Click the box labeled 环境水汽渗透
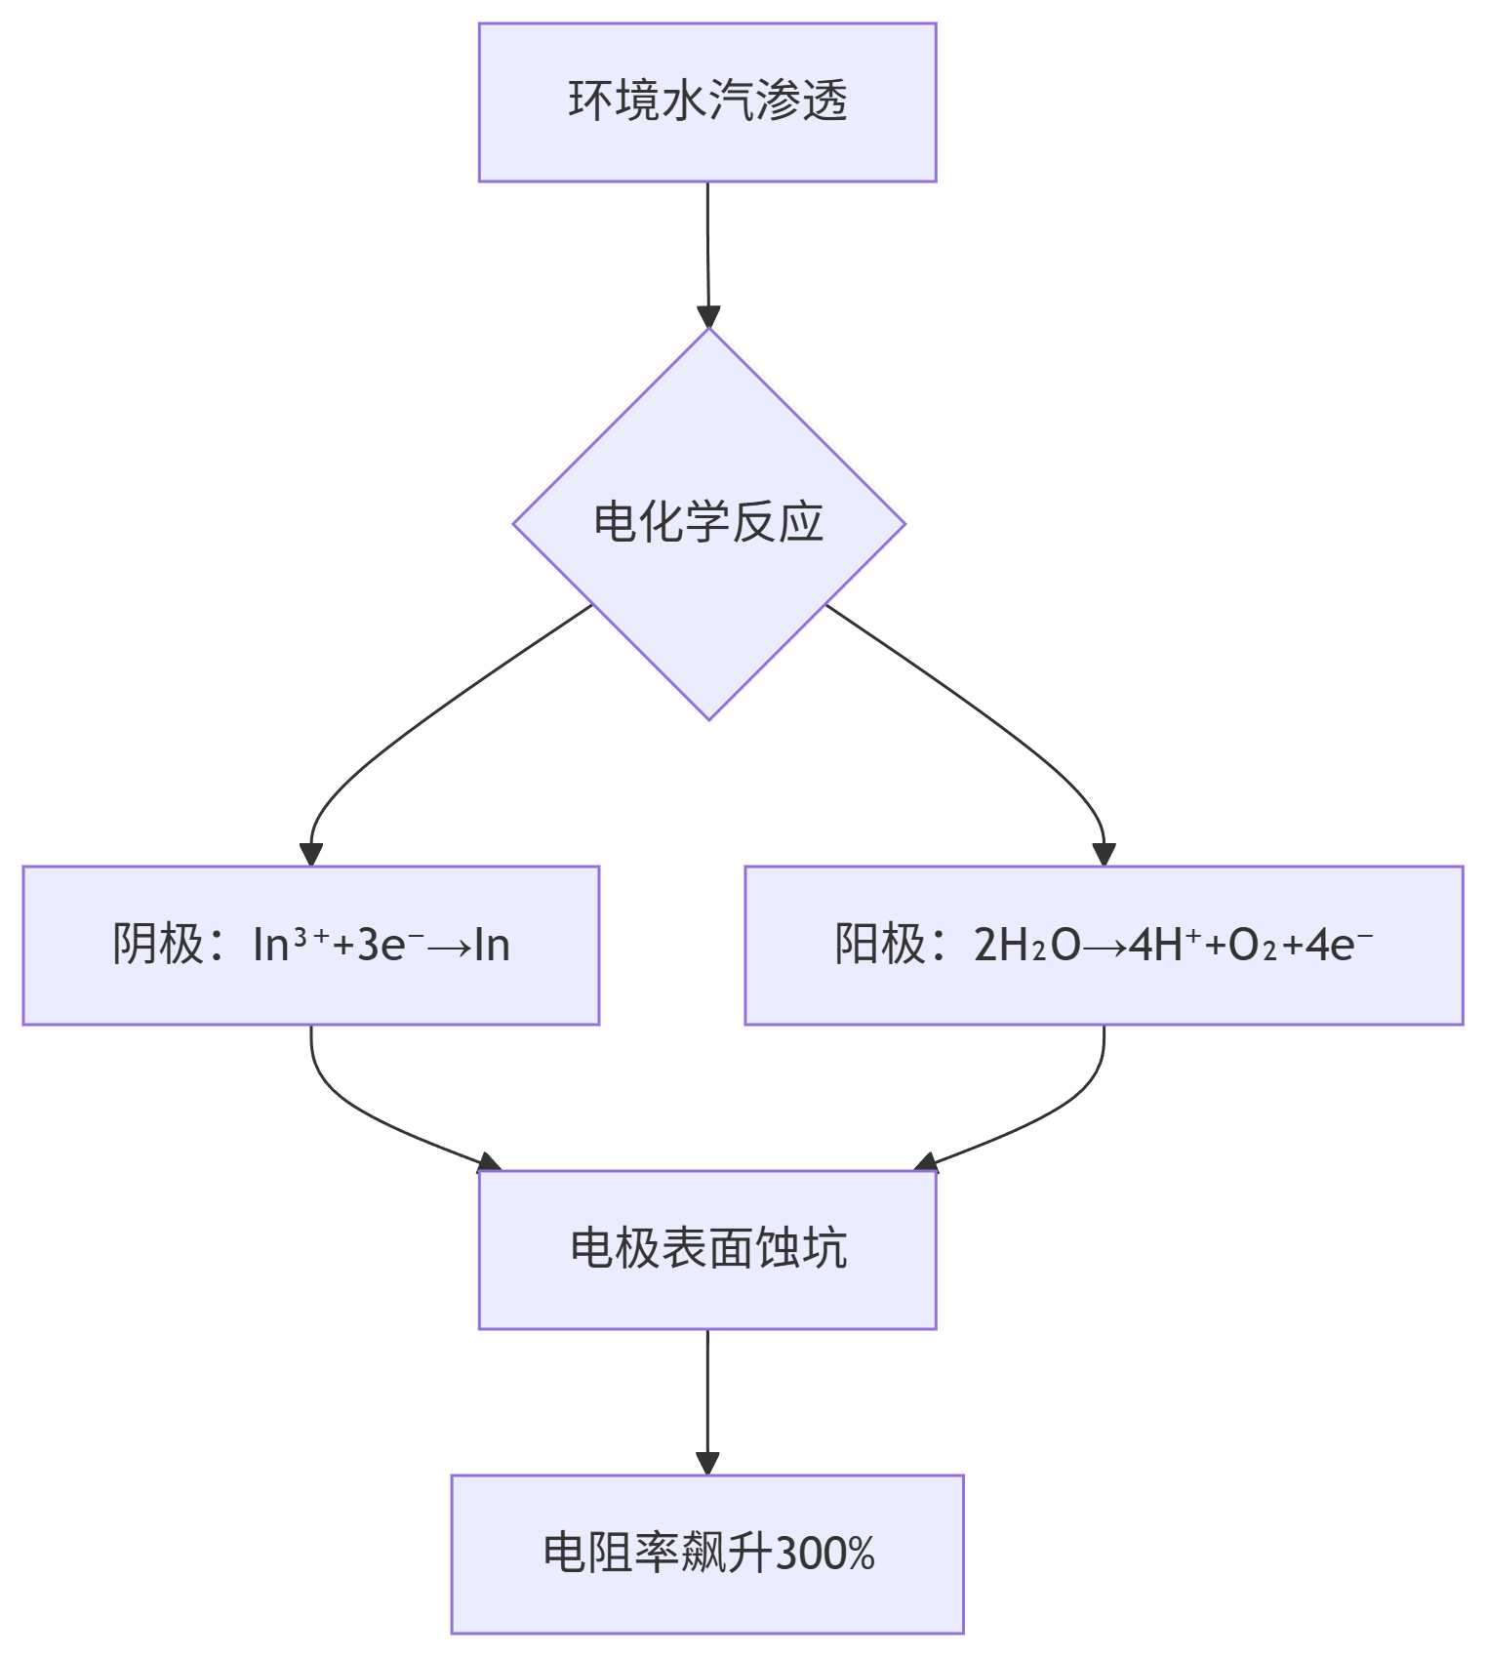pos(707,102)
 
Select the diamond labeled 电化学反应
pos(708,523)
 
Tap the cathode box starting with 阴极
pos(310,945)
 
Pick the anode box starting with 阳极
pos(1104,945)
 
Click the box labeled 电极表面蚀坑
pos(707,1249)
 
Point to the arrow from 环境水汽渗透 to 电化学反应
pos(707,254)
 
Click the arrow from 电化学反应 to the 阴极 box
pos(410,727)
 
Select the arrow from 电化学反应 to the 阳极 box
pos(1005,727)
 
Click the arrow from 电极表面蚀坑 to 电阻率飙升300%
pos(707,1400)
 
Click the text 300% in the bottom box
pos(824,1553)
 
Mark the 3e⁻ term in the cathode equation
pos(381,945)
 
